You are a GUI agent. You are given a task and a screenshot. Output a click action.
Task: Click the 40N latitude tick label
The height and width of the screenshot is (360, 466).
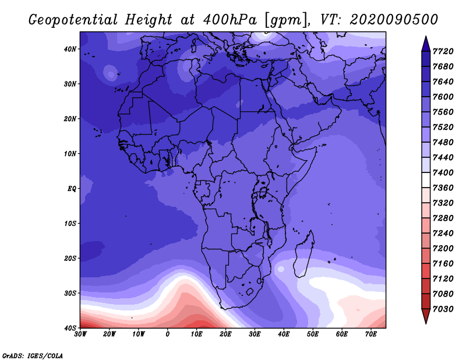(x=70, y=49)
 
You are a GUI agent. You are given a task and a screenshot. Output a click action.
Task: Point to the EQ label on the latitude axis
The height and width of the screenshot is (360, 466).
(x=72, y=189)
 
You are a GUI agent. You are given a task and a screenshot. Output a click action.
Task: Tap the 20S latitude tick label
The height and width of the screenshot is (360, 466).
(x=70, y=258)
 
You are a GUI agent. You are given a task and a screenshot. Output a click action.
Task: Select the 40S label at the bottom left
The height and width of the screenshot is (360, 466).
(x=70, y=328)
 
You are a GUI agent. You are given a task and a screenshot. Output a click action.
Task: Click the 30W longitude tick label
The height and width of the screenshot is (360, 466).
(x=80, y=334)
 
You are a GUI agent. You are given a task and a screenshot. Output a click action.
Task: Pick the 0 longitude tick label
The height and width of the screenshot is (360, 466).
(x=168, y=334)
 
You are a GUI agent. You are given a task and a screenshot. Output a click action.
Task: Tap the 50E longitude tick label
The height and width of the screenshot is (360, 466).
(x=313, y=334)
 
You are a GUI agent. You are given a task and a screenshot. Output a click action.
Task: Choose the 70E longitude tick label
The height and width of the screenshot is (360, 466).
(x=371, y=334)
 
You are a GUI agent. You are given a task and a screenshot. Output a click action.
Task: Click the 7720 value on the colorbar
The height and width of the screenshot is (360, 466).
(x=443, y=51)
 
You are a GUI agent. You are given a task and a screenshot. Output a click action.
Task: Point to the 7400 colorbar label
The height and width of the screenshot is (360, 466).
(x=443, y=172)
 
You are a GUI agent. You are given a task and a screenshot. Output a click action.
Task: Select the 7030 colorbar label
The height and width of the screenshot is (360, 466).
(x=443, y=309)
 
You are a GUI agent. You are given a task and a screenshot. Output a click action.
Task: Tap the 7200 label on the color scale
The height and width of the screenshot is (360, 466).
(x=443, y=248)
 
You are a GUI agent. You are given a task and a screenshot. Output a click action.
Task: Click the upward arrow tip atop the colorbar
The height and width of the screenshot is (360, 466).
(x=426, y=36)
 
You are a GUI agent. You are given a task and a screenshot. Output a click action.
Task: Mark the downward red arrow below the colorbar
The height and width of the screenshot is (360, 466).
(x=426, y=316)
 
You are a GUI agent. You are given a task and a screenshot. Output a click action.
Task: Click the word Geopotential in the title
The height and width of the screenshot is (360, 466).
(x=73, y=20)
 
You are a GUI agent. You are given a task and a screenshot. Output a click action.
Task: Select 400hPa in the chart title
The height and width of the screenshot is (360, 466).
(x=230, y=20)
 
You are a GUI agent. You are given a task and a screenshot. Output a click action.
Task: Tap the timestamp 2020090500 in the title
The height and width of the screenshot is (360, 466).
(x=394, y=20)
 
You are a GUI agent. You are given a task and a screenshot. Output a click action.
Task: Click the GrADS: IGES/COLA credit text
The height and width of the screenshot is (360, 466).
(x=33, y=356)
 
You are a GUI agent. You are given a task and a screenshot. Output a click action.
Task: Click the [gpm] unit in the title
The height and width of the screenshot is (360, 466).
(x=287, y=20)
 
